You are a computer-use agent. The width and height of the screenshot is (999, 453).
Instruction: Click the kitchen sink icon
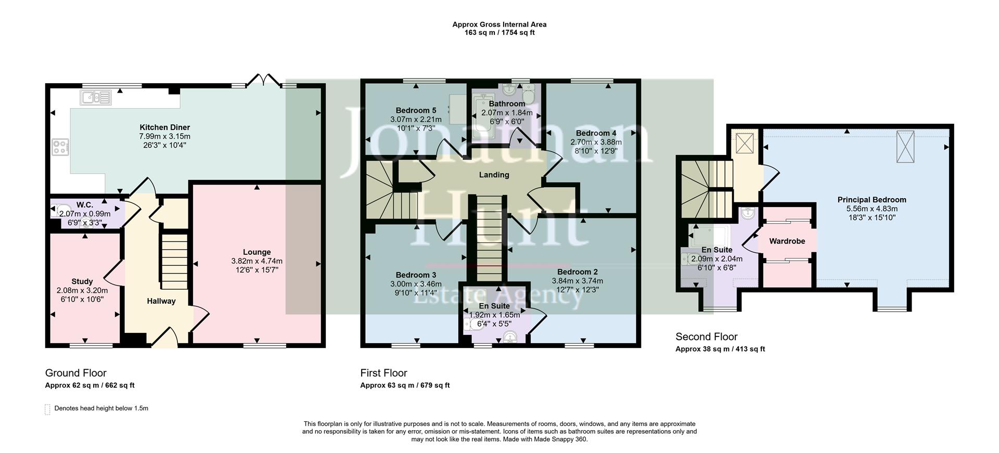(96, 97)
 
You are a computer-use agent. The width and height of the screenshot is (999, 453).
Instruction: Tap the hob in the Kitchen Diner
(60, 147)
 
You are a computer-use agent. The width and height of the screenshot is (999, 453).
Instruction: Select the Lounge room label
(257, 252)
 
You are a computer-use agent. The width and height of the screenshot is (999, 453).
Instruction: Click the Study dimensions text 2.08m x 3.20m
(82, 291)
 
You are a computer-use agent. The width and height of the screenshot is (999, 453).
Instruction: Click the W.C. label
(84, 205)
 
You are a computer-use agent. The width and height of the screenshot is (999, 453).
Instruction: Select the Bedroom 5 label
(416, 110)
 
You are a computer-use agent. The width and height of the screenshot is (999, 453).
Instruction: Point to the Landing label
(494, 175)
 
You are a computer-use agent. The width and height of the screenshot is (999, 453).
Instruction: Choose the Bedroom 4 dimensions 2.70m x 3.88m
(596, 142)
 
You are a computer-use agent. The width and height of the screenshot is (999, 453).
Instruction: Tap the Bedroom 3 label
(416, 275)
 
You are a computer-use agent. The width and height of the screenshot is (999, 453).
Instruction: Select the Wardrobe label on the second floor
(787, 241)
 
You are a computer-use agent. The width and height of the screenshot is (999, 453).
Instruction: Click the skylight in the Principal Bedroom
(905, 147)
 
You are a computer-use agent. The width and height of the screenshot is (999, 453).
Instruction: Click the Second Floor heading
(706, 336)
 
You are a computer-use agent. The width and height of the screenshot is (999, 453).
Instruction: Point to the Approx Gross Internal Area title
(499, 24)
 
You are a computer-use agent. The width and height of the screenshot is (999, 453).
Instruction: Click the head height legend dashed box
(48, 409)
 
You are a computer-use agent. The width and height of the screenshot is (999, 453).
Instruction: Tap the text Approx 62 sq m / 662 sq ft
(89, 385)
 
